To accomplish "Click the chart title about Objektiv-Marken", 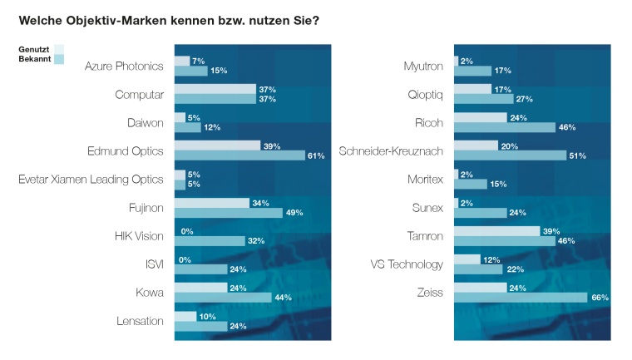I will point(166,18).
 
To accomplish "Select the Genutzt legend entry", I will point(35,50).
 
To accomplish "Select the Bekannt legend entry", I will point(35,60).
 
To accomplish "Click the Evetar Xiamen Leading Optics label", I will point(91,179).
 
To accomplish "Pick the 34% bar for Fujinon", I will point(211,202).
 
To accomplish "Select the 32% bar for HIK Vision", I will point(210,240).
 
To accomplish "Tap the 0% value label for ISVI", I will point(187,259).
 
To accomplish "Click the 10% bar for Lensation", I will point(185,316).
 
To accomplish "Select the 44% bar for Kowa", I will point(222,297).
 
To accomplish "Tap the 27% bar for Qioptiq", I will point(483,99).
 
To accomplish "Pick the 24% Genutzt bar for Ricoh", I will point(481,117).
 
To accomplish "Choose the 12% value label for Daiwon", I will point(213,127).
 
